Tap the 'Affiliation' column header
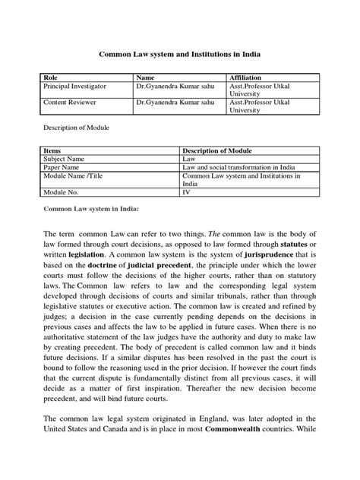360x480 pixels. tap(247, 78)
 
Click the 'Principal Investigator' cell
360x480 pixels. tap(74, 87)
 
